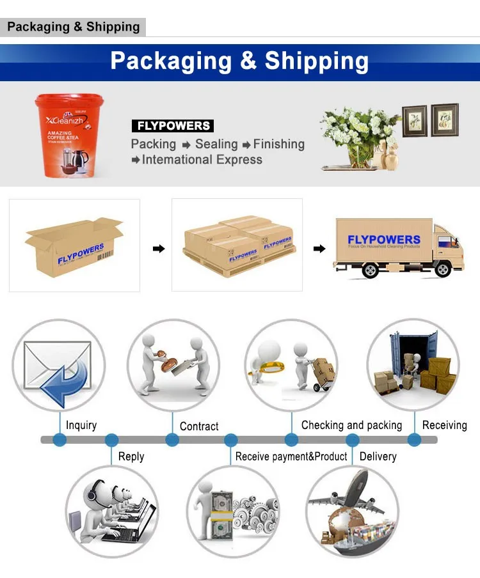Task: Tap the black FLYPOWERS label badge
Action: [x=173, y=126]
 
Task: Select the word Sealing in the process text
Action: [x=216, y=144]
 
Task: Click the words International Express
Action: [x=202, y=160]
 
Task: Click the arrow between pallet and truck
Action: [x=319, y=248]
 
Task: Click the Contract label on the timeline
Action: [x=199, y=426]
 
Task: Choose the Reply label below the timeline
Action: [x=131, y=457]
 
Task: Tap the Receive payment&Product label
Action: [x=291, y=457]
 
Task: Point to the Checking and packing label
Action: [x=351, y=425]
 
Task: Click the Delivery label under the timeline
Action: [x=378, y=457]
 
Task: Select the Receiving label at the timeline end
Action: [x=444, y=425]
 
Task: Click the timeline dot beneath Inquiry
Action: [x=60, y=440]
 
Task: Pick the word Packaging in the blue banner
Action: [x=171, y=61]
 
